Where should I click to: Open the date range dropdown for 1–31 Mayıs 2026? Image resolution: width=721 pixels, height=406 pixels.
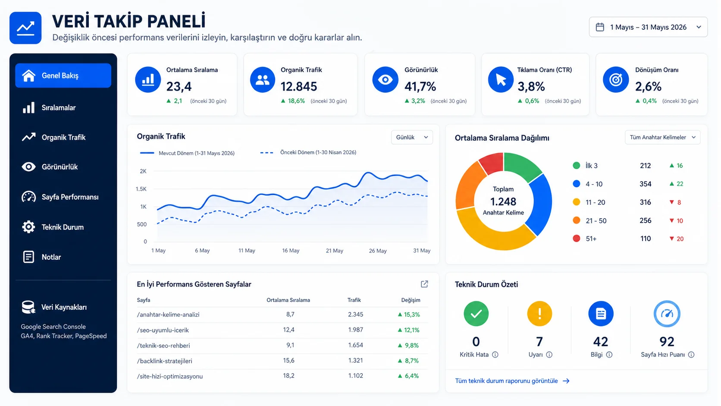point(648,27)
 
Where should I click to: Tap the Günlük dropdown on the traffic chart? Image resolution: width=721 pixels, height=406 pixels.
point(412,137)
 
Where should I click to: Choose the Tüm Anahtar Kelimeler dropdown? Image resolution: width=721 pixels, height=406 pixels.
point(662,138)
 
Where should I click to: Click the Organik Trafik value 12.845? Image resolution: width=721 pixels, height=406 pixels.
point(299,86)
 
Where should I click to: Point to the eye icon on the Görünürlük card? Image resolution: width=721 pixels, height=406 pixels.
point(385,79)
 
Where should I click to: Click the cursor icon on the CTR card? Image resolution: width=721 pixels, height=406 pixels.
point(501,79)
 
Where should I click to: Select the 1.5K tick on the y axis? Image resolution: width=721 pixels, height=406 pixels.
point(141,189)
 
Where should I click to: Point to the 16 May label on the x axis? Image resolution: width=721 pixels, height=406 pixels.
point(291,251)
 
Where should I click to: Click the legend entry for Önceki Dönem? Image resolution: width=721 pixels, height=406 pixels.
point(308,152)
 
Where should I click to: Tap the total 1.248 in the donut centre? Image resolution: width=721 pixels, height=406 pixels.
point(503,201)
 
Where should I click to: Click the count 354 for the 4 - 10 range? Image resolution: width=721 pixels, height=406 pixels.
point(646,184)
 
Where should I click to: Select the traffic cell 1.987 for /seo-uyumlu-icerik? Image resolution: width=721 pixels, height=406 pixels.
point(355,330)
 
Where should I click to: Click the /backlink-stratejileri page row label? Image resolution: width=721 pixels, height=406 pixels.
point(164,361)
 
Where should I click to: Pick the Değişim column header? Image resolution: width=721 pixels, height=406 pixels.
point(411,300)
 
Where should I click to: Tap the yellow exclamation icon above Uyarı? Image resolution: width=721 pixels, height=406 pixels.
point(539,314)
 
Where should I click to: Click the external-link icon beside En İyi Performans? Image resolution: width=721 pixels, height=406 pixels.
point(425,284)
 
